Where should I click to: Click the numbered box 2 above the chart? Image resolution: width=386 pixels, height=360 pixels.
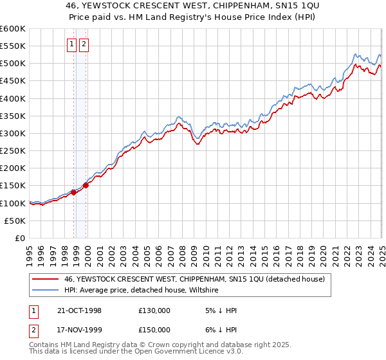tap(84, 44)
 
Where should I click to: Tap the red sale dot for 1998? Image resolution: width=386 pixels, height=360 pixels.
tap(74, 192)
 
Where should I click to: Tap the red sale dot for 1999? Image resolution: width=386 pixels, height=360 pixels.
tap(86, 185)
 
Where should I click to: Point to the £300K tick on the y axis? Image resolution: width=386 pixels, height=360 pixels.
tap(12, 133)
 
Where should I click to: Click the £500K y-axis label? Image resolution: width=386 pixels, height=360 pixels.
tap(12, 64)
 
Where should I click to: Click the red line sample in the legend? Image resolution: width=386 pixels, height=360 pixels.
tap(45, 279)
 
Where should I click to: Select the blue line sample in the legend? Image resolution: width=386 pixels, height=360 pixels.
tap(45, 291)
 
